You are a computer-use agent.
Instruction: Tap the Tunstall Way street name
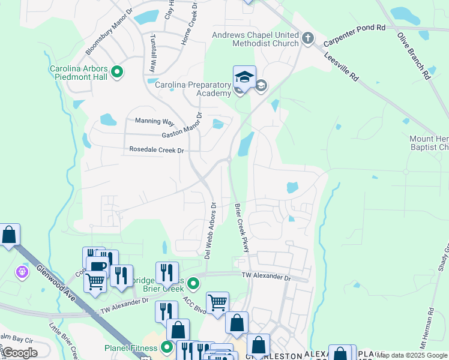[153, 53]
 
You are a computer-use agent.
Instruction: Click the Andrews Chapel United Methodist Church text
[256, 39]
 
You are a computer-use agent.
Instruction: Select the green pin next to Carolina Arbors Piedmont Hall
[118, 73]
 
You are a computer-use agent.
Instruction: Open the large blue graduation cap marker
[244, 79]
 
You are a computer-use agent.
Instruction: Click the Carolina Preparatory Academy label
[193, 89]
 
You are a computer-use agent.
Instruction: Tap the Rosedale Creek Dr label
[156, 150]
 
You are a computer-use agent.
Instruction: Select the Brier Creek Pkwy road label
[241, 228]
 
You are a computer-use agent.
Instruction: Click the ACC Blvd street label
[195, 305]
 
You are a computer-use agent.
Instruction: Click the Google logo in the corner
[20, 353]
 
